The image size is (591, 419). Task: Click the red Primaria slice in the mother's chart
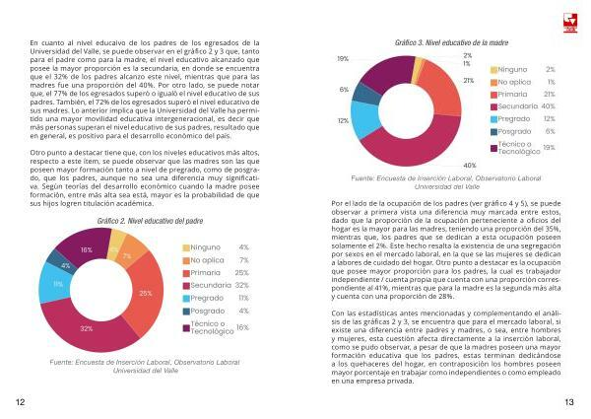point(441,87)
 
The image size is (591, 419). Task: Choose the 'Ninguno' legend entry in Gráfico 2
point(209,247)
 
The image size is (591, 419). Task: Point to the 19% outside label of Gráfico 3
point(343,60)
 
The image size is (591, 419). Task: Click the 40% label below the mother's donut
point(470,165)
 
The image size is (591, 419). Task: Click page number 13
point(569,402)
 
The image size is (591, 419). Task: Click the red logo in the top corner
point(568,19)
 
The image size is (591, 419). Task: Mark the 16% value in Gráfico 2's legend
point(242,327)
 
